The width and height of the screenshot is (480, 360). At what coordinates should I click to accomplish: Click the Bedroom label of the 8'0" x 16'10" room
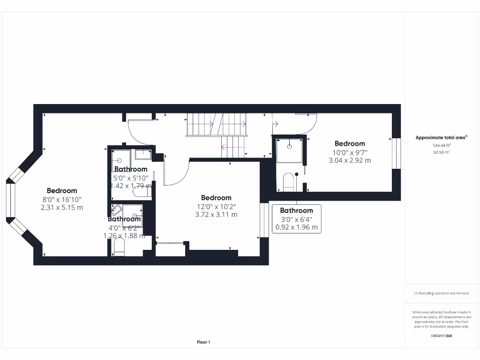coord(62,191)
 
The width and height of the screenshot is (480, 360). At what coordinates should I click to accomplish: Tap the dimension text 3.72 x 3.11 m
coord(216,215)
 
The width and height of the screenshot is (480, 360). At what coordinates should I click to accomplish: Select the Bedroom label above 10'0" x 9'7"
coord(349,143)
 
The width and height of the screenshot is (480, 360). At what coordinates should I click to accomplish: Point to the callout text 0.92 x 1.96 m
coord(296,228)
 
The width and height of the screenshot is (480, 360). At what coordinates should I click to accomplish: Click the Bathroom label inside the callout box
coord(296,211)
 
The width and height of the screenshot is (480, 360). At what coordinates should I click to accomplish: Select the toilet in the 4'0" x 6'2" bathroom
coord(119,248)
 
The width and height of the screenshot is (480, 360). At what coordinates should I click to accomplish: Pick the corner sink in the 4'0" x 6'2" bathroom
coord(116,209)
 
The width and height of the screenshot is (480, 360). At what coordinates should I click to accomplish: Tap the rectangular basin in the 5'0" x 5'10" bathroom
coord(142,154)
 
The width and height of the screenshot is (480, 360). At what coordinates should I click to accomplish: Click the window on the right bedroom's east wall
coord(397,153)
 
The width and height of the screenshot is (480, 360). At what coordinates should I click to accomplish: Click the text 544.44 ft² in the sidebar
coord(441,145)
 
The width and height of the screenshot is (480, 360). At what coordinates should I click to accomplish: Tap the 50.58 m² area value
coord(441,152)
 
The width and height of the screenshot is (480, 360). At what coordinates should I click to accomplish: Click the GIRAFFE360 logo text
coord(441,336)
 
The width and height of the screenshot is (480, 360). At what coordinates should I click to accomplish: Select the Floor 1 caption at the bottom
coord(203,342)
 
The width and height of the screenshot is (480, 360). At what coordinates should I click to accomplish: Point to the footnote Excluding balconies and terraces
coord(441,293)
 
